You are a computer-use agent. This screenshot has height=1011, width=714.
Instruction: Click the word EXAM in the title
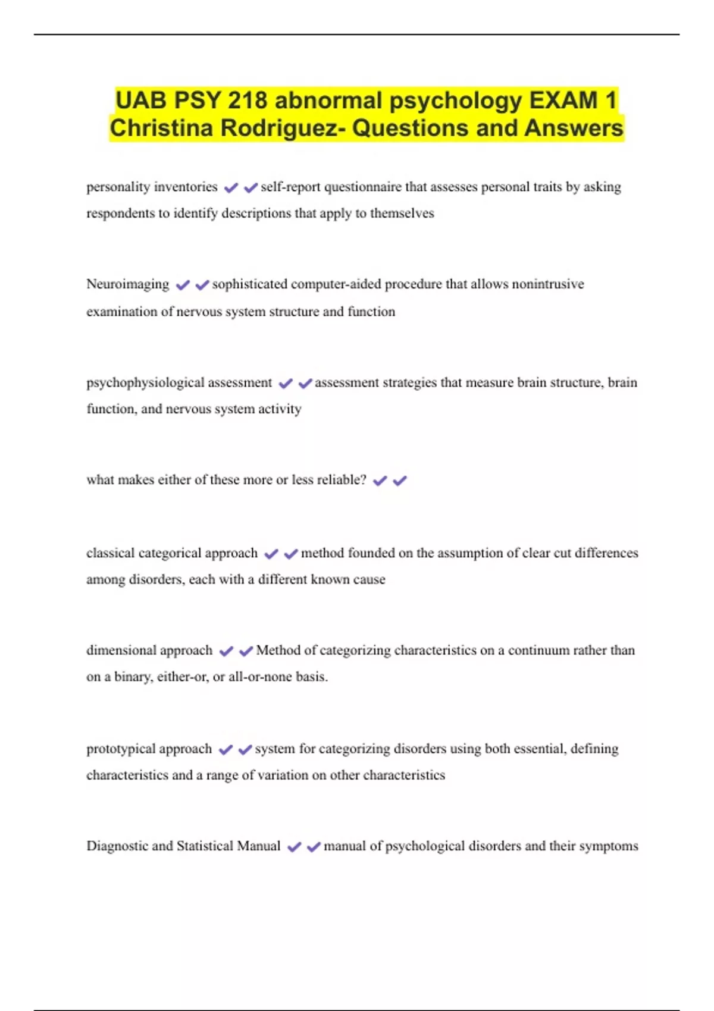pos(563,100)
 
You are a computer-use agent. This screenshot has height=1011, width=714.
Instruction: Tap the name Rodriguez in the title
pos(280,128)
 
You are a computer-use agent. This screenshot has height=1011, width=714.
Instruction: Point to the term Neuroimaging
pos(127,284)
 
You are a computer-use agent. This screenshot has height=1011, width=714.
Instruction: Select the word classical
pos(110,553)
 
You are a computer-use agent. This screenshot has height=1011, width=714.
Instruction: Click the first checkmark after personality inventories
pos(231,188)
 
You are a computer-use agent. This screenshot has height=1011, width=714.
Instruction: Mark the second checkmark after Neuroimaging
pos(202,285)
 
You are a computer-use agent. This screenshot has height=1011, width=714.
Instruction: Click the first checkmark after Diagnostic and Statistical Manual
pos(294,847)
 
